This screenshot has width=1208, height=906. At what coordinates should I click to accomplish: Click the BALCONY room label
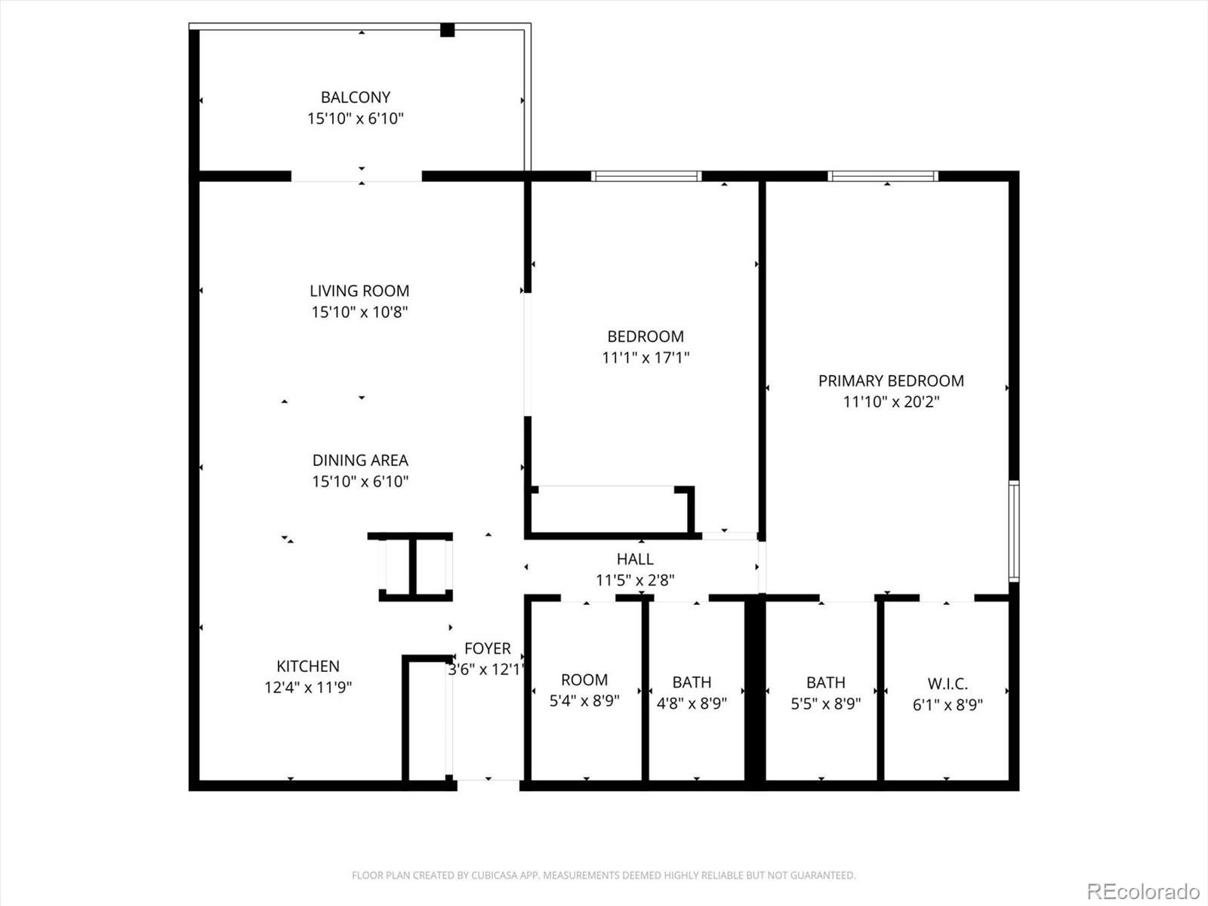[356, 97]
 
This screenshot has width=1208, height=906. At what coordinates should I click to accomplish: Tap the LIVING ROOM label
[359, 291]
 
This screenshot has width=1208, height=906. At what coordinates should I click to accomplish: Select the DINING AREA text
[360, 460]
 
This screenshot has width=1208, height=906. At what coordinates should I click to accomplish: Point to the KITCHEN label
[307, 666]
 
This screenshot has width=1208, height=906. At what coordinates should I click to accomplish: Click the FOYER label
[488, 649]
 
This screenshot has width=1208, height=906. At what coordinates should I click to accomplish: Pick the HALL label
[635, 559]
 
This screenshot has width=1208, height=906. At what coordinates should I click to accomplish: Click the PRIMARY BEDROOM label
[891, 381]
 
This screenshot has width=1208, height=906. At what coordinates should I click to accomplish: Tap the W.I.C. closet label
[948, 684]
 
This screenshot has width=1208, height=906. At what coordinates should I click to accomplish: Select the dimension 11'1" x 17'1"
[646, 358]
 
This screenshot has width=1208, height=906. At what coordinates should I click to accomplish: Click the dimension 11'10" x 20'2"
[891, 402]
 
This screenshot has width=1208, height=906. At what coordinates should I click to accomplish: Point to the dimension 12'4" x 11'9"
[307, 687]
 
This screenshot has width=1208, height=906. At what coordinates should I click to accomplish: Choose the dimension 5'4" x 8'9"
[584, 701]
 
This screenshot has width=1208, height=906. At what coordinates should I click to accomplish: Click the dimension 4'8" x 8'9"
[692, 703]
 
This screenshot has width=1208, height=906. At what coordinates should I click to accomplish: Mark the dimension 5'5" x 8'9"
[825, 704]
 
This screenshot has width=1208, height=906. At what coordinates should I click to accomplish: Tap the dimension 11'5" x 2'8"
[635, 580]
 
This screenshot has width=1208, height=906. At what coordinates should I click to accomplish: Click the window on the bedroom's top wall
[646, 176]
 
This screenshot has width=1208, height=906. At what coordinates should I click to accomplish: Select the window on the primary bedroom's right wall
[1014, 531]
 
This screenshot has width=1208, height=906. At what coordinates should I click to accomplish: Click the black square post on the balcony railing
[448, 29]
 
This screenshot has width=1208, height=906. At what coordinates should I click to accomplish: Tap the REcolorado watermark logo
[1143, 891]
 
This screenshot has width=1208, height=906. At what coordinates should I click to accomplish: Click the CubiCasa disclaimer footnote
[604, 875]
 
